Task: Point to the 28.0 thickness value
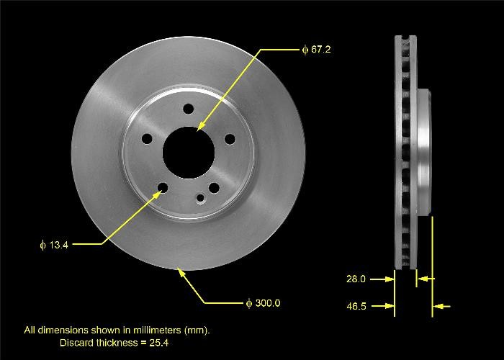coord(356,279)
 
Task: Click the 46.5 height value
coord(356,307)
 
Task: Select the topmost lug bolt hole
coord(188,109)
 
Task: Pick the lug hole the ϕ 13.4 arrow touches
coord(163,189)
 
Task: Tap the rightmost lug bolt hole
coord(229,139)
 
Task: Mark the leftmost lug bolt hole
coord(147,140)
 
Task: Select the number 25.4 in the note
coord(162,343)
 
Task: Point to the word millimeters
coord(152,330)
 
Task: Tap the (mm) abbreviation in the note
coord(196,330)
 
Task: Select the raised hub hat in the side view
coord(424,151)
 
